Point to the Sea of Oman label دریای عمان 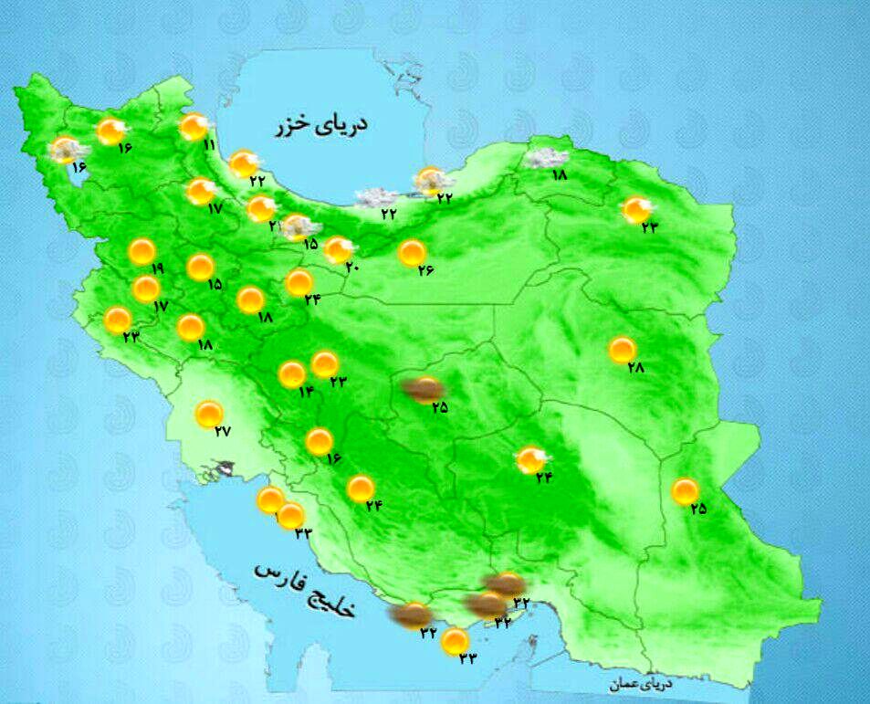pyautogui.click(x=641, y=683)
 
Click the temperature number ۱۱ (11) pyautogui.click(x=209, y=144)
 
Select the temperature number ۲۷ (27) pyautogui.click(x=222, y=432)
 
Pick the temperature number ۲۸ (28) pyautogui.click(x=635, y=367)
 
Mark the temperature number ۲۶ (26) pyautogui.click(x=425, y=269)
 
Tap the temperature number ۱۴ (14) pyautogui.click(x=305, y=392)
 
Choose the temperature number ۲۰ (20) pyautogui.click(x=353, y=267)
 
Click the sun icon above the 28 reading pyautogui.click(x=622, y=349)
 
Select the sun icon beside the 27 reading pyautogui.click(x=209, y=414)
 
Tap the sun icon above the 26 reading pyautogui.click(x=412, y=252)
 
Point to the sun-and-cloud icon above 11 pyautogui.click(x=194, y=126)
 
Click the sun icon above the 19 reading pyautogui.click(x=142, y=250)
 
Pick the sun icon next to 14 pyautogui.click(x=291, y=374)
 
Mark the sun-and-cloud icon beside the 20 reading pyautogui.click(x=339, y=248)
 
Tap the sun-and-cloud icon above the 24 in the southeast pyautogui.click(x=530, y=459)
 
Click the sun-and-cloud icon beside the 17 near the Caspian pyautogui.click(x=200, y=191)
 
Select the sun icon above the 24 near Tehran pyautogui.click(x=299, y=282)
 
